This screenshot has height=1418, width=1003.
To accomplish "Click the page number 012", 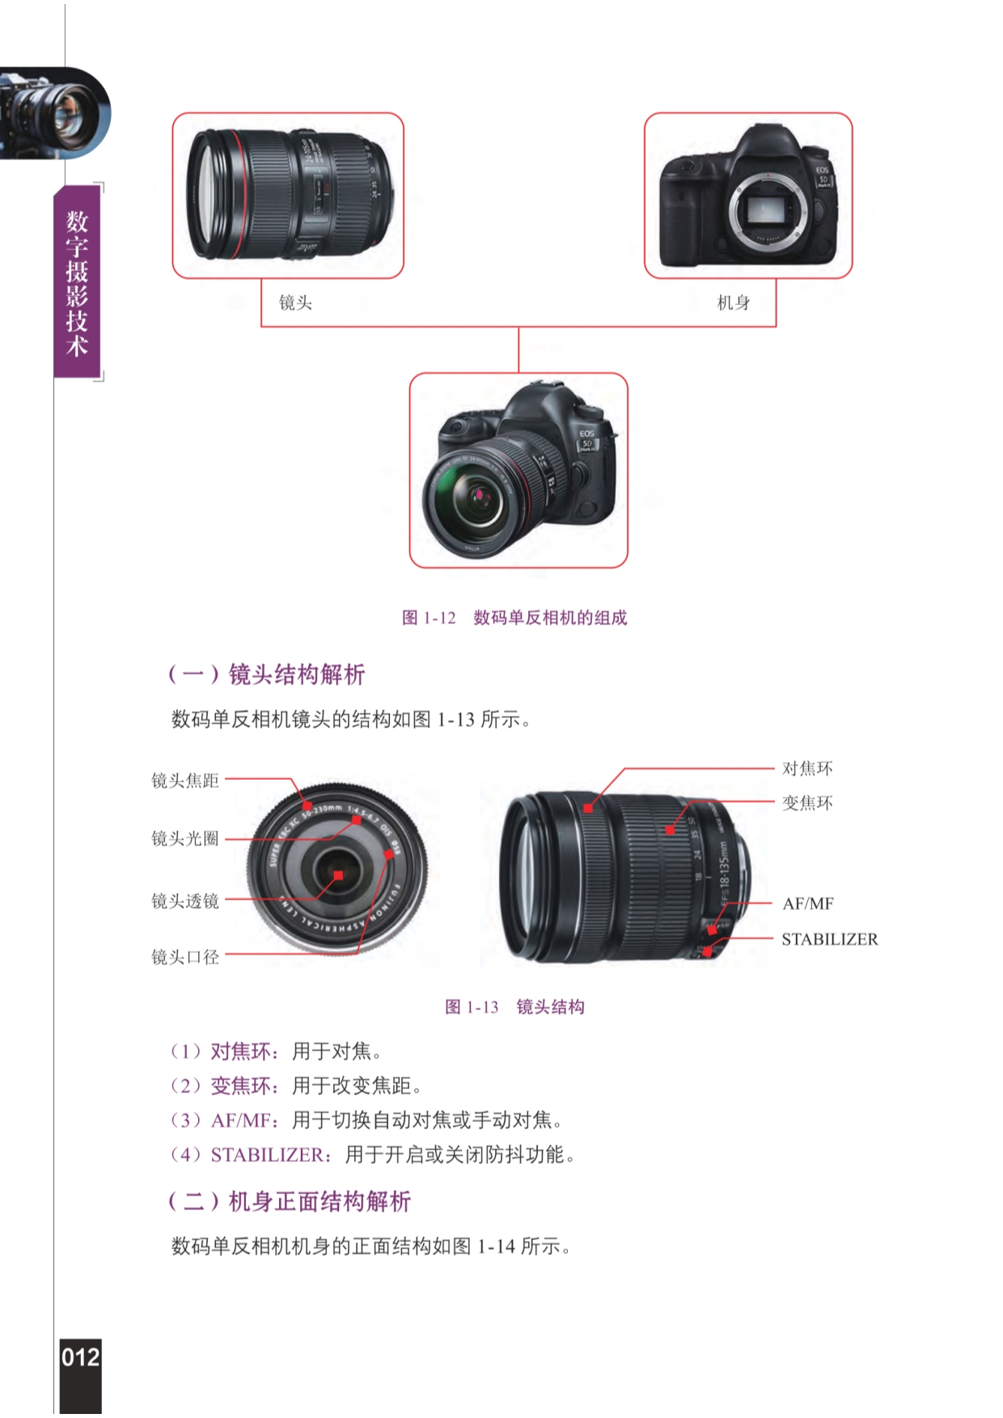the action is [81, 1357].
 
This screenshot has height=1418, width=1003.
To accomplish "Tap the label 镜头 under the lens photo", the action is [295, 303].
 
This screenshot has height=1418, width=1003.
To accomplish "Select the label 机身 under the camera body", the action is [734, 303].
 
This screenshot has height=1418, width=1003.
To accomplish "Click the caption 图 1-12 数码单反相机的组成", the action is [514, 618].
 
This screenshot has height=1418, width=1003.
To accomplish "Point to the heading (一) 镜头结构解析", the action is [266, 674].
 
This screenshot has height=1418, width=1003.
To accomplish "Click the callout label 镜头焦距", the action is [185, 781].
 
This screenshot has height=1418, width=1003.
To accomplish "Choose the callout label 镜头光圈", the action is [185, 839].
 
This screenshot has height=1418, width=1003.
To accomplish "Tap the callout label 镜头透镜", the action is [185, 901].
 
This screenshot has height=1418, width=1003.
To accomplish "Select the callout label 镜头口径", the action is [185, 957].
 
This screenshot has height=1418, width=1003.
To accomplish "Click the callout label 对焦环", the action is [807, 768].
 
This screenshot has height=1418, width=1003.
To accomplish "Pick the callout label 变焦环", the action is [807, 803].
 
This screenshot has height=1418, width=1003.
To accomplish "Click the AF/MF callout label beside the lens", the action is [808, 904].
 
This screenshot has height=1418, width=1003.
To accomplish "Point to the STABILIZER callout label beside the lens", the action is [830, 939].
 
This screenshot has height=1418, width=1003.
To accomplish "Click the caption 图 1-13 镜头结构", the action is [514, 1007].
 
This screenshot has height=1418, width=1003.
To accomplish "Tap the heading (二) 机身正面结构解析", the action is [289, 1201].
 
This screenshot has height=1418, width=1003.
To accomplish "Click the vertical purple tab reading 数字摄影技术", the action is [77, 283].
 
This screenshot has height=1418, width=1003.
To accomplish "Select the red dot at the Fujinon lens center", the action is [338, 875].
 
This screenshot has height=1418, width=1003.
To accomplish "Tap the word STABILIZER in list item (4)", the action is [266, 1155].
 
